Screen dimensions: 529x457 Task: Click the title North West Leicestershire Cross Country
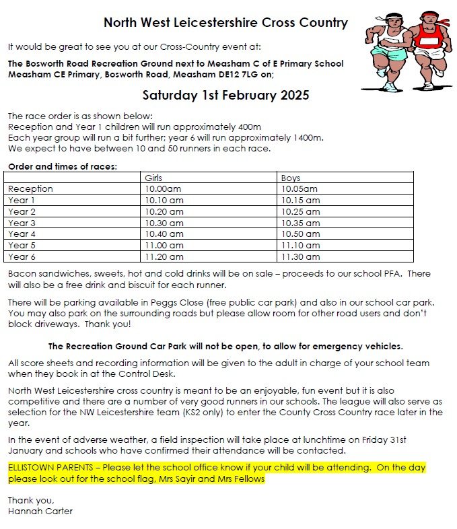coord(225,23)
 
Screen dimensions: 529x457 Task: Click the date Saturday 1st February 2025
coord(225,95)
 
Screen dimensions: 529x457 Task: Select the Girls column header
coord(153,178)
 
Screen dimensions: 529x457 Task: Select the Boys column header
coord(290,178)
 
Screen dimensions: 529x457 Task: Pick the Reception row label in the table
coord(30,189)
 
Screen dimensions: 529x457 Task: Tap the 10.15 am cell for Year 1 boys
coord(300,200)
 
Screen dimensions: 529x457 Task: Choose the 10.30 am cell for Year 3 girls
coord(164,223)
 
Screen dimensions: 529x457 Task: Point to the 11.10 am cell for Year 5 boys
coord(300,245)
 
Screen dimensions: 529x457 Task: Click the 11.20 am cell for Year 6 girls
coord(164,256)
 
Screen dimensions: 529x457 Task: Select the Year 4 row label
coord(22,234)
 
